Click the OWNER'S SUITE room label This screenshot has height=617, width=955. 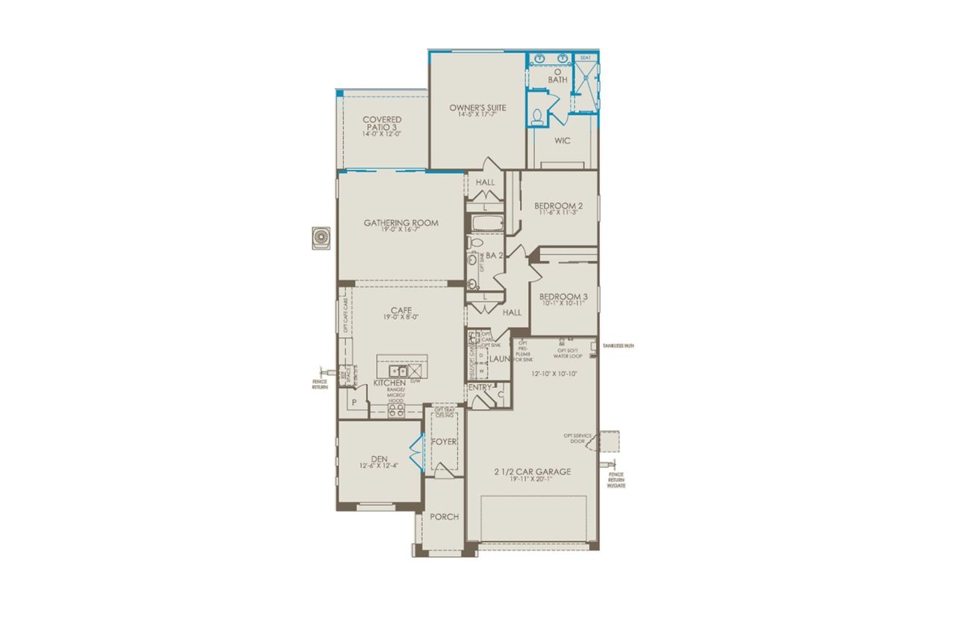477,108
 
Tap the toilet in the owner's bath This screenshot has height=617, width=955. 538,116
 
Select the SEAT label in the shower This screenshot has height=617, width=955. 586,57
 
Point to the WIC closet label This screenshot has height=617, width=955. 562,140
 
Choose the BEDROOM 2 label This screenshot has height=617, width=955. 559,206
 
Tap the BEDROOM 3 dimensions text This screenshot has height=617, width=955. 564,304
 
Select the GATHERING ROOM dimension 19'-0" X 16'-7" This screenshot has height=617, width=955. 401,230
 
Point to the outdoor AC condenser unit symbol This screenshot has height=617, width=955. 322,237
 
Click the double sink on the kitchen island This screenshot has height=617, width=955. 395,369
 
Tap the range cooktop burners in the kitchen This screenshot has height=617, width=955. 395,410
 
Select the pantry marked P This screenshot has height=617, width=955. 354,401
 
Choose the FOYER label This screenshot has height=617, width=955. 444,442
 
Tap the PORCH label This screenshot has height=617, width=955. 445,516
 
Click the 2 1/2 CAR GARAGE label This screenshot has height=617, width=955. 532,472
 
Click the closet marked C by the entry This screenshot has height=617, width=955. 500,394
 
